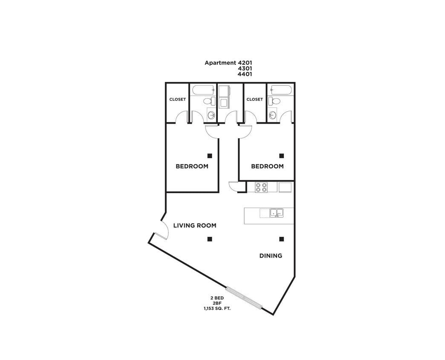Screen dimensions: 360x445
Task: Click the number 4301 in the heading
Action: [245, 68]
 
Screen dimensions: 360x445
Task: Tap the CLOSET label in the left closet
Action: [178, 99]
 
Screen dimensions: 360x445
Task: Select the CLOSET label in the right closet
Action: [254, 99]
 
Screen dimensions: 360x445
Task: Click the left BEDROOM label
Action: [192, 166]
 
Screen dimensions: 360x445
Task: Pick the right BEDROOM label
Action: [267, 166]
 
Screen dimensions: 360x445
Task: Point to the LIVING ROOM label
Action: [194, 226]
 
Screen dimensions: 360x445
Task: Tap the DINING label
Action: [271, 256]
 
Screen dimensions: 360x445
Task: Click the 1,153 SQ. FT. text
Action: [217, 308]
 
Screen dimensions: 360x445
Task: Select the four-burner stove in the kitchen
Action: [261, 187]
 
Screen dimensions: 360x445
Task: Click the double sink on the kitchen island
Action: [277, 212]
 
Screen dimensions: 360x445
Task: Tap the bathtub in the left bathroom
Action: [202, 90]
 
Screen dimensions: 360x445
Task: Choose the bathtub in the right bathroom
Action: [280, 90]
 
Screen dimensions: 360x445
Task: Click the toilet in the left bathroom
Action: [209, 102]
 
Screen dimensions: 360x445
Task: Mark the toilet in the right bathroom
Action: [274, 102]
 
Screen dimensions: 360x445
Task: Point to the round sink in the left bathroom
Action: [211, 115]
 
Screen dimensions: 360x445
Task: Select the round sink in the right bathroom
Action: [272, 115]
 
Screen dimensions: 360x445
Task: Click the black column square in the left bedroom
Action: [210, 156]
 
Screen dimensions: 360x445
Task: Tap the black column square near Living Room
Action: [210, 239]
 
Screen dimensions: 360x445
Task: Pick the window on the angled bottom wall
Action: [244, 297]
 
